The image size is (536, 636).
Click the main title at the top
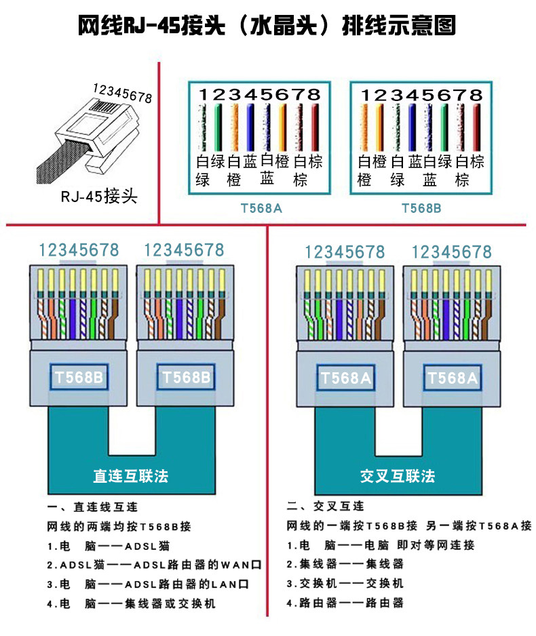click(267, 26)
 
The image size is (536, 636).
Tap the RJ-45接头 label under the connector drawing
click(99, 197)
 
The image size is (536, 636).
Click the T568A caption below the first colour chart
click(261, 208)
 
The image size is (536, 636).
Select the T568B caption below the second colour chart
click(421, 208)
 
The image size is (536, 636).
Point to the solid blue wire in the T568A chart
click(250, 127)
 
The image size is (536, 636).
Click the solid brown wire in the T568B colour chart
click(477, 127)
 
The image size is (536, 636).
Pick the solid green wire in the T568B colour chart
click(444, 127)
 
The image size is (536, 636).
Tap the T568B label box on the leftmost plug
click(79, 377)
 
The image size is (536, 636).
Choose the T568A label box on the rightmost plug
click(453, 378)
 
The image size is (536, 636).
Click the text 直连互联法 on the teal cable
click(131, 476)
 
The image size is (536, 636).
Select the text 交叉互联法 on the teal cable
click(398, 476)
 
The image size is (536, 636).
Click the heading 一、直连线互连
click(92, 507)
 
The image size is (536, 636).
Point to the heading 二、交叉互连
click(326, 506)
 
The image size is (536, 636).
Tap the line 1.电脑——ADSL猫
click(109, 546)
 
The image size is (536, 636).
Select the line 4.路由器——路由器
click(345, 603)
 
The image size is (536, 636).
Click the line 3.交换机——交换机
click(345, 583)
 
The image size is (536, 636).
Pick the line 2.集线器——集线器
click(345, 564)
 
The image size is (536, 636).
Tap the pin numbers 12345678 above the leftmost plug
click(79, 250)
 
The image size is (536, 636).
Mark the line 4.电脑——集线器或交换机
click(131, 603)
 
